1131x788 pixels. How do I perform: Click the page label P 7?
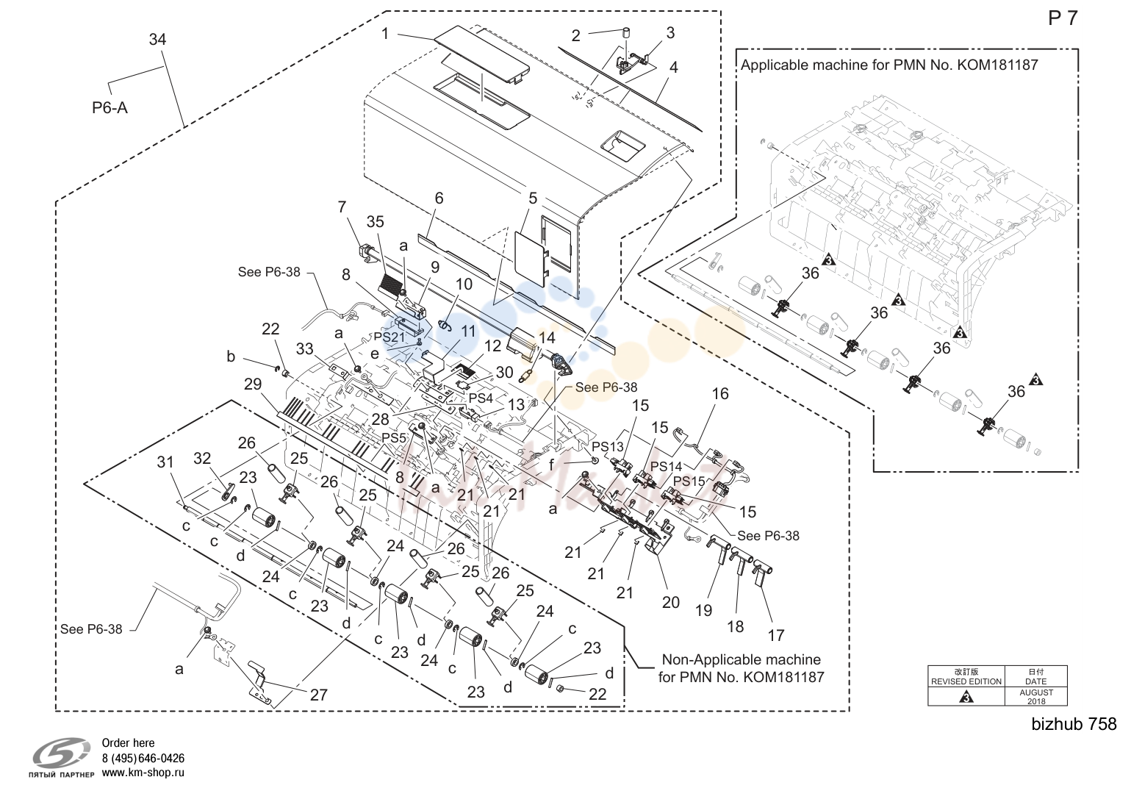[x=1063, y=18]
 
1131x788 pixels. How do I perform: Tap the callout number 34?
[x=157, y=40]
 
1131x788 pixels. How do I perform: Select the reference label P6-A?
[x=109, y=107]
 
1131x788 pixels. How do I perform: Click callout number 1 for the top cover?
[x=385, y=34]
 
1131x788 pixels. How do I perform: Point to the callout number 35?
[x=375, y=222]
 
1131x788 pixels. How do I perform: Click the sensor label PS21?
[x=389, y=337]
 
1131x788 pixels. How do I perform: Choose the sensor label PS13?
[x=608, y=446]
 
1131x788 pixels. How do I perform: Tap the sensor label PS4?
[x=481, y=398]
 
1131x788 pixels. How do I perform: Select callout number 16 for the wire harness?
[x=720, y=393]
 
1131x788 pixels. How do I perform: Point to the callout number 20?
[x=671, y=602]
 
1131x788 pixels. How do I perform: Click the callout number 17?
[x=776, y=635]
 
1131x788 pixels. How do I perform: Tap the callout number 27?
[x=319, y=695]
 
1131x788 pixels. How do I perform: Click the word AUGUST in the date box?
[x=1036, y=692]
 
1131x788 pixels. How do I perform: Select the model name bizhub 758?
[x=1074, y=724]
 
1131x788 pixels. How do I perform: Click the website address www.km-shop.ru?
[x=143, y=773]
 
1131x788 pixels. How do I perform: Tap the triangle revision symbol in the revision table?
[x=966, y=698]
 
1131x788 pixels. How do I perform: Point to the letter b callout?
[x=231, y=357]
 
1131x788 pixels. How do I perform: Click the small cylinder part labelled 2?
[x=627, y=33]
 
